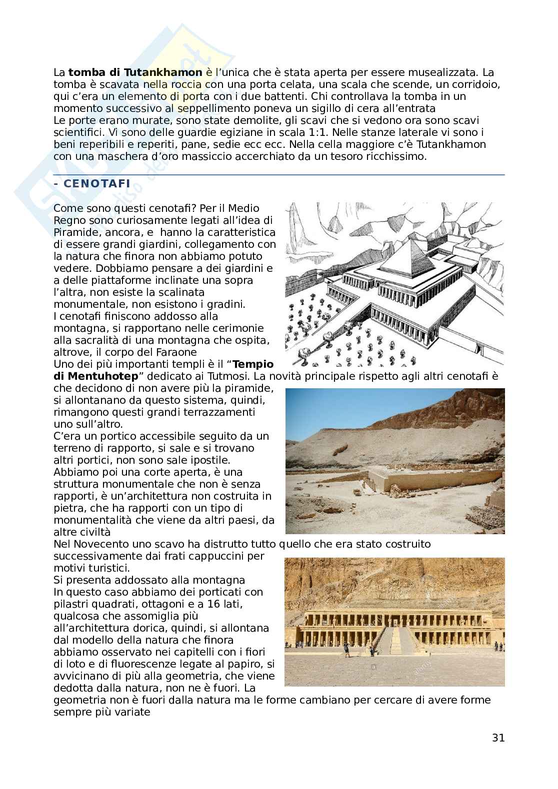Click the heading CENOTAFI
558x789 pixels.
pos(95,183)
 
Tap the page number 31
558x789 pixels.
pos(498,738)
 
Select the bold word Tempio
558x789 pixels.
pos(253,364)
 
